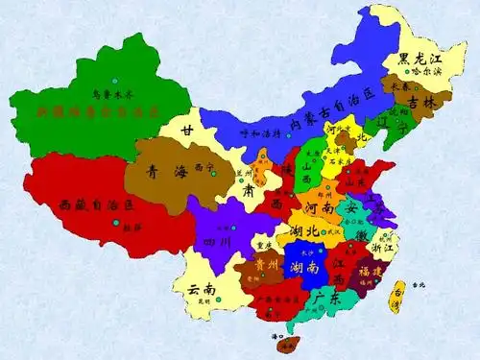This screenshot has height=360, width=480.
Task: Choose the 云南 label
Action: click(201, 288)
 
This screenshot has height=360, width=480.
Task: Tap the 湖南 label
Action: click(304, 266)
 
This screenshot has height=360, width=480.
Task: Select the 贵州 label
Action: click(265, 263)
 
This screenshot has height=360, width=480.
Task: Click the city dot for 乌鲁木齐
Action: click(113, 80)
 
